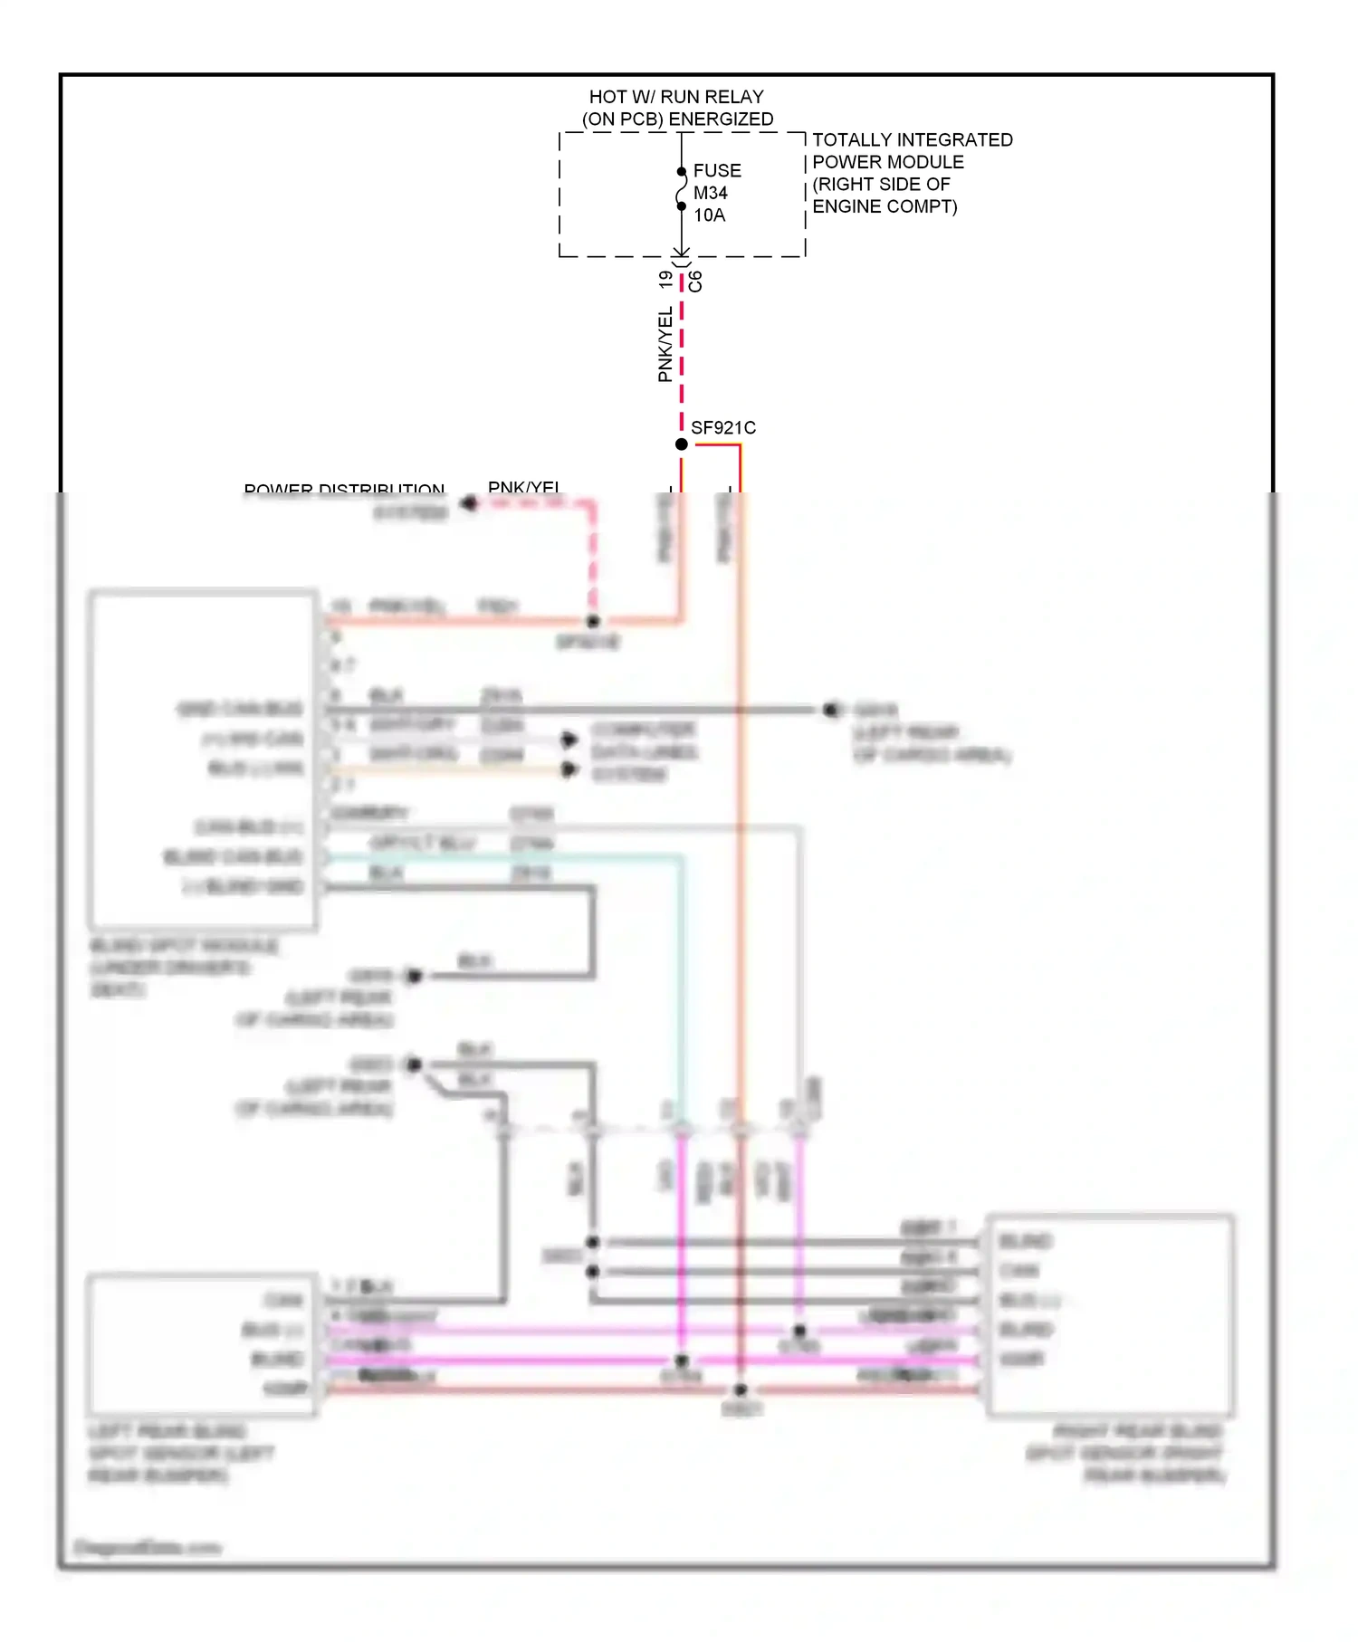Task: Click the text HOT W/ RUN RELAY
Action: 676,97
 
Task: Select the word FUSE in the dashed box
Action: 717,171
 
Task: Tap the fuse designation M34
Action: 711,193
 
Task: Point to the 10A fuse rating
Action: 710,215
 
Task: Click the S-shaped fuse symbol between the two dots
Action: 682,189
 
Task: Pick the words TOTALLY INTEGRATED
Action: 912,140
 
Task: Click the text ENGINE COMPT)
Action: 885,206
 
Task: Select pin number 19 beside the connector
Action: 666,281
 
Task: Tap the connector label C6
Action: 695,282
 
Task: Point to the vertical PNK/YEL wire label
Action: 665,344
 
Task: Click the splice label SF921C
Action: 723,428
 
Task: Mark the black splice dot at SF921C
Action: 682,444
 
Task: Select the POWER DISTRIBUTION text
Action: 344,490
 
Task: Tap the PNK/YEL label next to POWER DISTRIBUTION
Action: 523,488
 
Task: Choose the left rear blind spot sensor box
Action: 202,1345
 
